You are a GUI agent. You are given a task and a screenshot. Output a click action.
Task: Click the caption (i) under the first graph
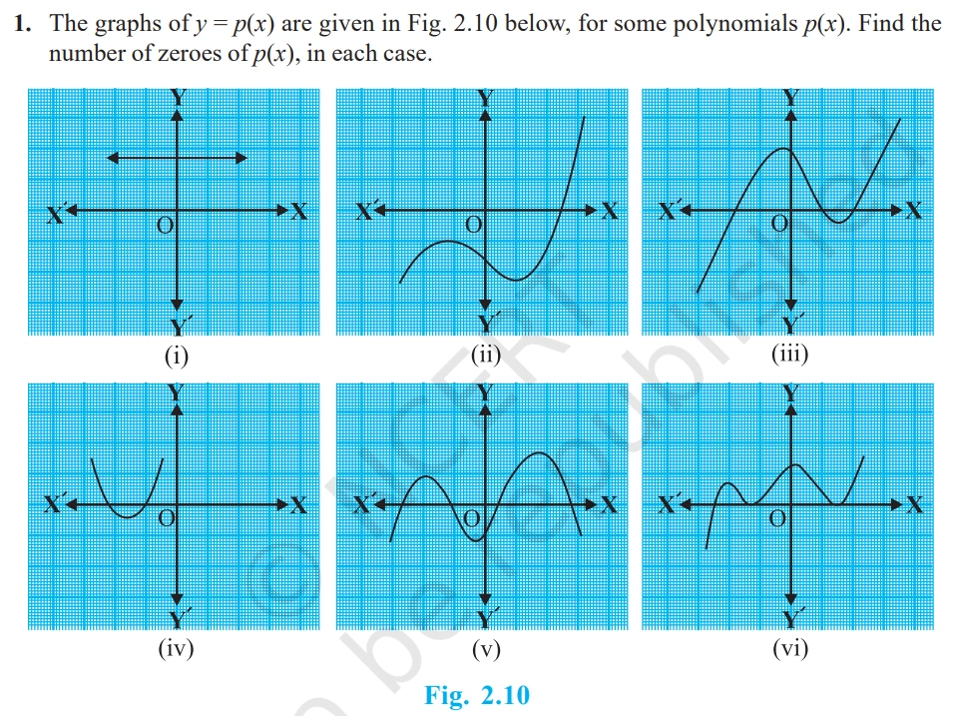click(x=177, y=355)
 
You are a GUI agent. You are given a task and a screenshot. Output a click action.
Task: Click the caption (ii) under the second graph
click(x=485, y=355)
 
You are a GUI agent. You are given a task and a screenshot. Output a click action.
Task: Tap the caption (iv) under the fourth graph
click(x=177, y=649)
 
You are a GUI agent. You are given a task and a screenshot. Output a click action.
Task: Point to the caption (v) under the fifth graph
click(x=485, y=649)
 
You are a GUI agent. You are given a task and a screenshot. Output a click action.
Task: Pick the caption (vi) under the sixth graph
click(x=790, y=649)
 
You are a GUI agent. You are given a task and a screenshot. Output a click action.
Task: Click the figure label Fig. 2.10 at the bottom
click(x=477, y=695)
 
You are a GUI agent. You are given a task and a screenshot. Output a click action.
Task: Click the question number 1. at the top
click(x=25, y=23)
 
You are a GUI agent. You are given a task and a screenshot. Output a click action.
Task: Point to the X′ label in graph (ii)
click(x=368, y=212)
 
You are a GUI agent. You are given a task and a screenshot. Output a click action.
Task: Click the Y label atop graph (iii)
click(x=791, y=97)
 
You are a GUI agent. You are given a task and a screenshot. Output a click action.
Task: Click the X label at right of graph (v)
click(x=609, y=506)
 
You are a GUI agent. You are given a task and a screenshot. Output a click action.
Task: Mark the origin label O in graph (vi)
click(x=777, y=520)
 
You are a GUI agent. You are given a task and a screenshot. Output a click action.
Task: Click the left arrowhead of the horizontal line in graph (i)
click(x=111, y=157)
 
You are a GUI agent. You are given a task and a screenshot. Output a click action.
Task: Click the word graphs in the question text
click(x=124, y=23)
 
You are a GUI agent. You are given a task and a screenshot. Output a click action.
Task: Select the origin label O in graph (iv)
click(x=166, y=519)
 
